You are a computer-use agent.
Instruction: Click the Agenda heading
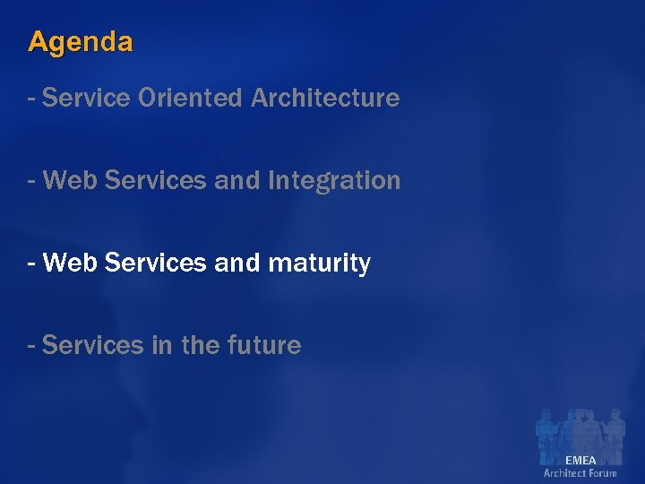(x=81, y=41)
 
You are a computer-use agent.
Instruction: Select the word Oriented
(x=191, y=98)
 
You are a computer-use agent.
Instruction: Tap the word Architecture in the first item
(x=325, y=98)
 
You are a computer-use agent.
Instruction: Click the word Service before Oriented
(x=86, y=98)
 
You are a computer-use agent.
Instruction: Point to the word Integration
(x=333, y=181)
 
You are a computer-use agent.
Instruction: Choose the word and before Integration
(x=236, y=181)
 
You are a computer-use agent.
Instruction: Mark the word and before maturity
(x=236, y=264)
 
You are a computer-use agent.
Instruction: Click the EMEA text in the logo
(x=580, y=461)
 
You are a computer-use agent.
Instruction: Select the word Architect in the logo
(x=564, y=473)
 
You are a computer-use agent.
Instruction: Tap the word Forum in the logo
(x=602, y=473)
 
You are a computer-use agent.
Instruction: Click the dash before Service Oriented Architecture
(x=32, y=98)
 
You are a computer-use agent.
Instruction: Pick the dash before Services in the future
(x=32, y=344)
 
